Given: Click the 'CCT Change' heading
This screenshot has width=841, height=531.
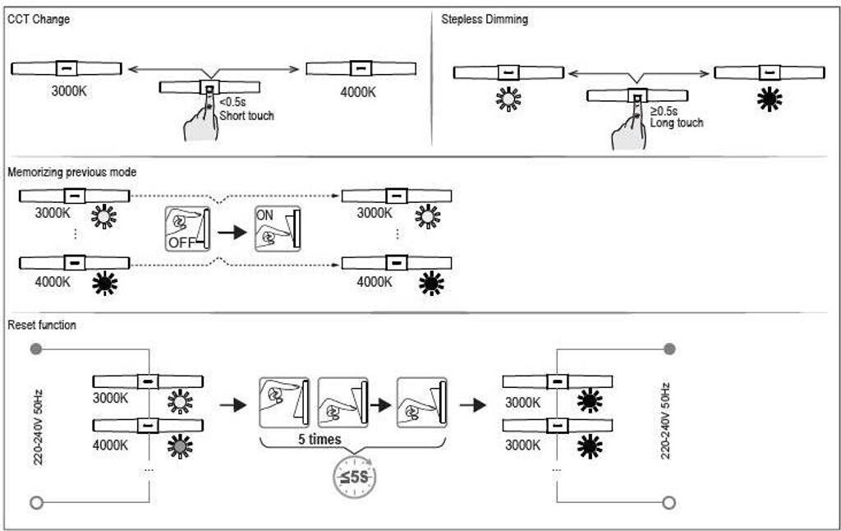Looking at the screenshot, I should (x=38, y=19).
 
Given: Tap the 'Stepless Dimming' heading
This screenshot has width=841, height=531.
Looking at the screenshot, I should (x=485, y=19).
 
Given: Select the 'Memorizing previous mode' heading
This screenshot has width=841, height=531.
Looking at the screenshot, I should (x=71, y=172).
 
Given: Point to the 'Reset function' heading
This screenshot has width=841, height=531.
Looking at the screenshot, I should (x=42, y=325).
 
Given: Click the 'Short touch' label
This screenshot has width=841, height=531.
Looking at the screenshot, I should (x=246, y=116).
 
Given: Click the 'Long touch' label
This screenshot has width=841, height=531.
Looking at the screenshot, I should (x=677, y=122).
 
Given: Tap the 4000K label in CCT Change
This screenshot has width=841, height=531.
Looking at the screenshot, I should (x=358, y=91).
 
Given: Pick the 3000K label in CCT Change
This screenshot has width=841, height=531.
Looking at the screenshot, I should (x=69, y=91).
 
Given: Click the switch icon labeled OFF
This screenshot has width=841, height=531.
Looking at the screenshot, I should (x=187, y=229).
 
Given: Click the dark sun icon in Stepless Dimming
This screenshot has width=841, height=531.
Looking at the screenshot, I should (x=770, y=99).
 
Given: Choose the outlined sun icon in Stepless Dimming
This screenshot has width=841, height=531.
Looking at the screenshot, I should (x=508, y=99).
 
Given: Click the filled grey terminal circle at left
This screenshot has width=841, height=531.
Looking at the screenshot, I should (x=35, y=349).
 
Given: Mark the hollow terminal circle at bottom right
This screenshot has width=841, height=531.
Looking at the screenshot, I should (x=669, y=502).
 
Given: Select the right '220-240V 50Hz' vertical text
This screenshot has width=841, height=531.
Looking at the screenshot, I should (x=665, y=421).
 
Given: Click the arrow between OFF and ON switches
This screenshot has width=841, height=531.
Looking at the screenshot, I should (x=232, y=231).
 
